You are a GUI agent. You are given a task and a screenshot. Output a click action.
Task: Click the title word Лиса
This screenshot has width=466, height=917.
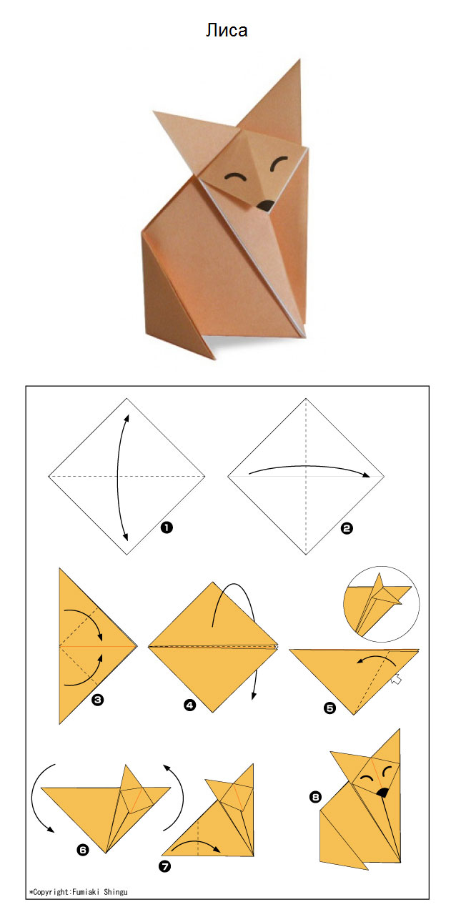(x=227, y=30)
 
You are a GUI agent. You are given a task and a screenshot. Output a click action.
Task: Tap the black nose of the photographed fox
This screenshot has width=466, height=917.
(x=265, y=206)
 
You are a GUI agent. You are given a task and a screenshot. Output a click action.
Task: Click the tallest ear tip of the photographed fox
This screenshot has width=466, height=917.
(x=299, y=60)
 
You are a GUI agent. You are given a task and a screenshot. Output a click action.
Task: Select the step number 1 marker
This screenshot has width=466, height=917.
(x=167, y=527)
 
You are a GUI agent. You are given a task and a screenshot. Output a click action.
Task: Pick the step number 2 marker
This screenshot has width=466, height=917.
(x=347, y=528)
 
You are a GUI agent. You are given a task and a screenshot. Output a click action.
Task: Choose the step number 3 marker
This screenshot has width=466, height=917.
(x=97, y=700)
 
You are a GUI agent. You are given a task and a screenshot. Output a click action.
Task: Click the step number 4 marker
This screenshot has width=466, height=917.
(x=189, y=705)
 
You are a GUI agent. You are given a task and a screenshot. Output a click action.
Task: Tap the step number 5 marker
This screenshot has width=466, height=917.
(x=329, y=708)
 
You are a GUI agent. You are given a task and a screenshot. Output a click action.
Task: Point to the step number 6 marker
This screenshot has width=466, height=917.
(x=83, y=851)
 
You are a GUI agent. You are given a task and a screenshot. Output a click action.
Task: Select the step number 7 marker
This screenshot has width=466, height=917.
(x=164, y=866)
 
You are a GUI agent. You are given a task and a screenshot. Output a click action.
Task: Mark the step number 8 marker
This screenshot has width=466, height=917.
(x=315, y=797)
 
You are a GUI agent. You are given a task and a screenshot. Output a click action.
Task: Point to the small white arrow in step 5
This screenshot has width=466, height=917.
(x=396, y=679)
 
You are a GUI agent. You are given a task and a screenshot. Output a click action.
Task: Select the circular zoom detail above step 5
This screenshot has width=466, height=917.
(x=381, y=604)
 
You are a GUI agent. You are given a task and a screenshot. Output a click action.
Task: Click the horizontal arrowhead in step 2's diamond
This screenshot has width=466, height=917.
(x=365, y=475)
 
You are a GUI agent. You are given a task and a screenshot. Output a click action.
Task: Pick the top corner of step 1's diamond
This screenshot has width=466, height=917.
(x=127, y=398)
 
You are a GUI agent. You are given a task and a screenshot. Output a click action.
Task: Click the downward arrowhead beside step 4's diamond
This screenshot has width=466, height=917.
(x=254, y=695)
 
